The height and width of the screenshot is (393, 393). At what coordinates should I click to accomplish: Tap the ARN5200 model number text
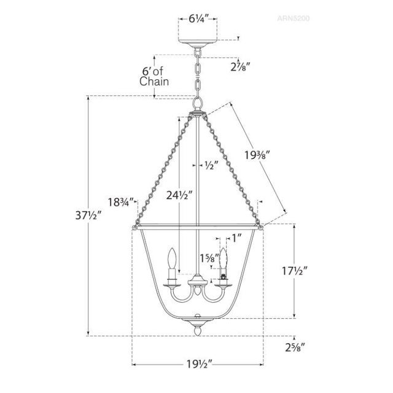[294, 18]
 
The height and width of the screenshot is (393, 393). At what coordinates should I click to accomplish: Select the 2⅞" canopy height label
[241, 67]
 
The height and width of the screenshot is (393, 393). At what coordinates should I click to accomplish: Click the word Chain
[154, 82]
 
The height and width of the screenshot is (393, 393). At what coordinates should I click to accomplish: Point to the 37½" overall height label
[88, 216]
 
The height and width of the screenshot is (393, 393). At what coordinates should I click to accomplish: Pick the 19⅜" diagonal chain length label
[257, 155]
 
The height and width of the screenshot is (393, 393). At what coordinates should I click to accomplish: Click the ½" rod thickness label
[210, 165]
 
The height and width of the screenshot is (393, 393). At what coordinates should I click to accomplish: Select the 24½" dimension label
[179, 195]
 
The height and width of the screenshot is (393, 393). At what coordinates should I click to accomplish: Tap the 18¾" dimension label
[120, 202]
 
